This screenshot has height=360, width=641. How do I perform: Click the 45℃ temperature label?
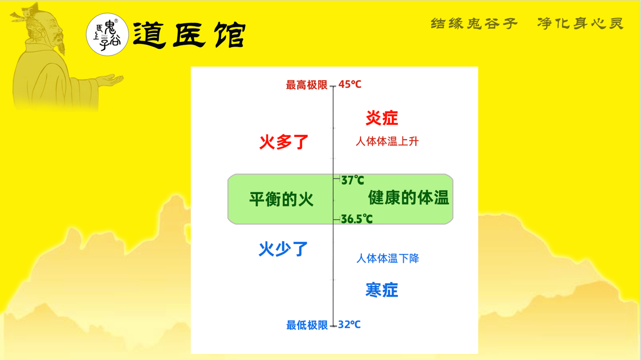[x=349, y=84]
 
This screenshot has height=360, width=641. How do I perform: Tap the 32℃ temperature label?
[x=349, y=324]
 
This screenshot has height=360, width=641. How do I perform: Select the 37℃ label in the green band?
[x=353, y=180]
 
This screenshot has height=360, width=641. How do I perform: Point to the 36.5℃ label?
[x=357, y=219]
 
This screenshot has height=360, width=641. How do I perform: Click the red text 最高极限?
[x=306, y=85]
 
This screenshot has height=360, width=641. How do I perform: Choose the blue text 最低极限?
[x=307, y=325]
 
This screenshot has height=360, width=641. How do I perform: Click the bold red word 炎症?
[x=382, y=118]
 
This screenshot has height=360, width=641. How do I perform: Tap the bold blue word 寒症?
[x=382, y=290]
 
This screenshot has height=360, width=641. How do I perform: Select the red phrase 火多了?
[x=283, y=142]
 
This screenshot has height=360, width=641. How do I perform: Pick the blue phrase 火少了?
[x=283, y=249]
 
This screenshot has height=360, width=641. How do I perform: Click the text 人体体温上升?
[x=387, y=141]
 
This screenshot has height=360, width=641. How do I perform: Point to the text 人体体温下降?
[x=388, y=258]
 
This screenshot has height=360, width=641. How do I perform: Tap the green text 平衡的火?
[x=281, y=199]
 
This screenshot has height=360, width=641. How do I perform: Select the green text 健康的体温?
[x=409, y=198]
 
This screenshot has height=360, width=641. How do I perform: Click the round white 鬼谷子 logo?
[x=107, y=34]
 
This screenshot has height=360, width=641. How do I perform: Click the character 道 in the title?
[x=150, y=35]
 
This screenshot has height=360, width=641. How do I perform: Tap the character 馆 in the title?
[x=230, y=35]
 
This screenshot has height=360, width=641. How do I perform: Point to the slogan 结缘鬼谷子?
[x=474, y=23]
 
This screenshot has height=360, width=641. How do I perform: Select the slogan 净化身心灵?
[x=580, y=23]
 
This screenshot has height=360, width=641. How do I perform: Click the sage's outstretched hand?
[x=110, y=80]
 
